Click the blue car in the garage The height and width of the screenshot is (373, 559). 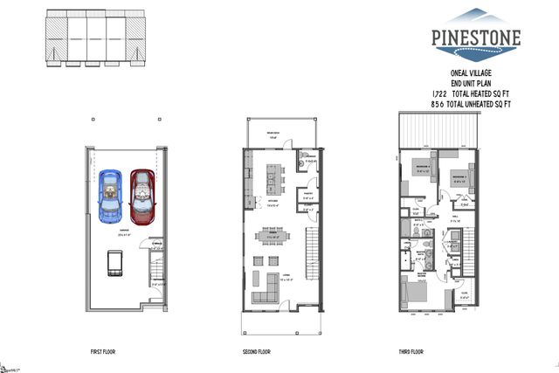(111, 194)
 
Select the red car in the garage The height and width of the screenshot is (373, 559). (141, 194)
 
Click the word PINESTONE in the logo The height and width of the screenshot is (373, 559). (475, 38)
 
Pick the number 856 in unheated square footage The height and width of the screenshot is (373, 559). (440, 105)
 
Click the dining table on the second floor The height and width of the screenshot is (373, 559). (267, 235)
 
